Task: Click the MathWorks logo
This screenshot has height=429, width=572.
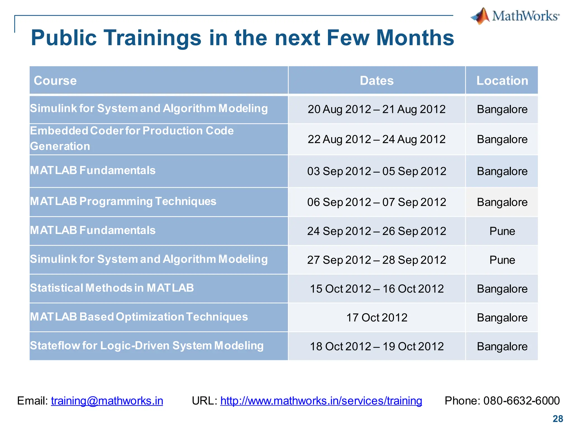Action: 515,16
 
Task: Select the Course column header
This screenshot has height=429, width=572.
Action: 55,81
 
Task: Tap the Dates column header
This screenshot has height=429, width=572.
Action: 376,81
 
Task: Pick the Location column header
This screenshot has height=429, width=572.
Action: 502,81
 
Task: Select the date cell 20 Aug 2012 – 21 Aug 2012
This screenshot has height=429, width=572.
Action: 376,109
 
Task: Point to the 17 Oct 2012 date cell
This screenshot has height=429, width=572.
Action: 376,318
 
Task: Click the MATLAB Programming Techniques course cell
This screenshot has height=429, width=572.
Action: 123,201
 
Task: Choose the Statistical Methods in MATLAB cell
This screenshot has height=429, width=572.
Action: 112,288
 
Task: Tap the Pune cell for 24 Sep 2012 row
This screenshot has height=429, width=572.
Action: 502,231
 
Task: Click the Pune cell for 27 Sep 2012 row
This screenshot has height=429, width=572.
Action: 502,260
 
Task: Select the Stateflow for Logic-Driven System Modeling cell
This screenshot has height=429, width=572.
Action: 147,346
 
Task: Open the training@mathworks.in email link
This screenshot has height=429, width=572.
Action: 107,401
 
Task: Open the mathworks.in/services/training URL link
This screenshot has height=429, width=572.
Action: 321,401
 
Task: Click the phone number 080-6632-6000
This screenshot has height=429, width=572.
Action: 521,401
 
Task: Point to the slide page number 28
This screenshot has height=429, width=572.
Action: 558,419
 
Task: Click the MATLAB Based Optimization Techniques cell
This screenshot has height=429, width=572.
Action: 139,317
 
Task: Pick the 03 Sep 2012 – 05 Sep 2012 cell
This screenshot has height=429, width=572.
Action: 376,171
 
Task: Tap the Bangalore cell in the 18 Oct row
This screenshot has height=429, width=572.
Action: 502,347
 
